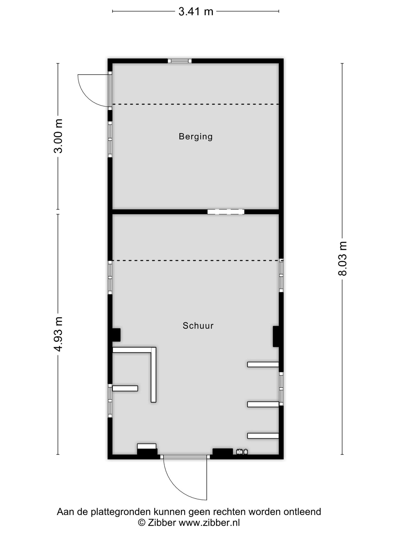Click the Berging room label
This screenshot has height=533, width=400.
196,137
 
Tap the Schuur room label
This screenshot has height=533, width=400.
198,326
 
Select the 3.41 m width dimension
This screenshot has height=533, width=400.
196,12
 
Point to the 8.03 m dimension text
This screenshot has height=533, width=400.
342,258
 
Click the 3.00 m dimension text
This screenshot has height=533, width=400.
59,136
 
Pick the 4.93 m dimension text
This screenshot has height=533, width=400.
59,334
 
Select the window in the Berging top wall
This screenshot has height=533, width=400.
180,61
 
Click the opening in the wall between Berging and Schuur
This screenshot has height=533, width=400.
226,212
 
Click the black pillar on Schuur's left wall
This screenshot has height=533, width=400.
116,335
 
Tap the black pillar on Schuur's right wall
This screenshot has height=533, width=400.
276,336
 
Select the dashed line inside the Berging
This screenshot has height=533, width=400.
196,104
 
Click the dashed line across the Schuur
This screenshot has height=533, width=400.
196,260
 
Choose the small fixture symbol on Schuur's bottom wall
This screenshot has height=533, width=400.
242,452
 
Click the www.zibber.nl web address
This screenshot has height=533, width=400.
209,523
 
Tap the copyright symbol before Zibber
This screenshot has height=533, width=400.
142,523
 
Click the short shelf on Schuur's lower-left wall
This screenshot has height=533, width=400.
125,388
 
